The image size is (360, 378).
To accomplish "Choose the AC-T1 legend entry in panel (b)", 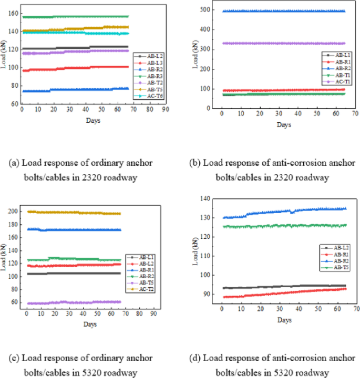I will (x=336, y=81).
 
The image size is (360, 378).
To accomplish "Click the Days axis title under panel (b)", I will (x=284, y=124).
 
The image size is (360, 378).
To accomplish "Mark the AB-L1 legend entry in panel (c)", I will (x=147, y=257).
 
